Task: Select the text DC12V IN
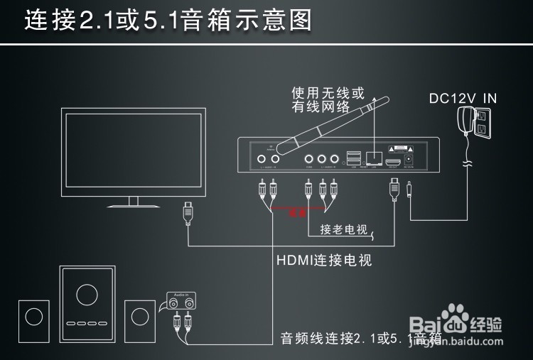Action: click(x=463, y=98)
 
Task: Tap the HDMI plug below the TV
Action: click(x=188, y=211)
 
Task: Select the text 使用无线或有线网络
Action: click(x=327, y=100)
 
